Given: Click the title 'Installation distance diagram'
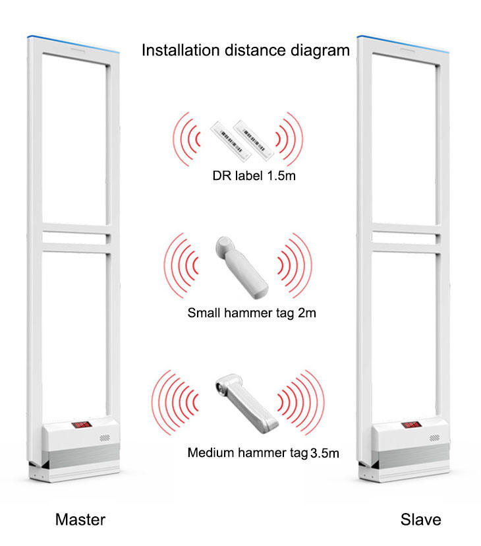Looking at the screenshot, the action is coord(246,51).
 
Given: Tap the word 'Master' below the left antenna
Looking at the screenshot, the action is coord(80,519).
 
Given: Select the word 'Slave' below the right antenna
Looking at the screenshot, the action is coord(420,519).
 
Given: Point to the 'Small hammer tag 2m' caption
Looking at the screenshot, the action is coord(251,313).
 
